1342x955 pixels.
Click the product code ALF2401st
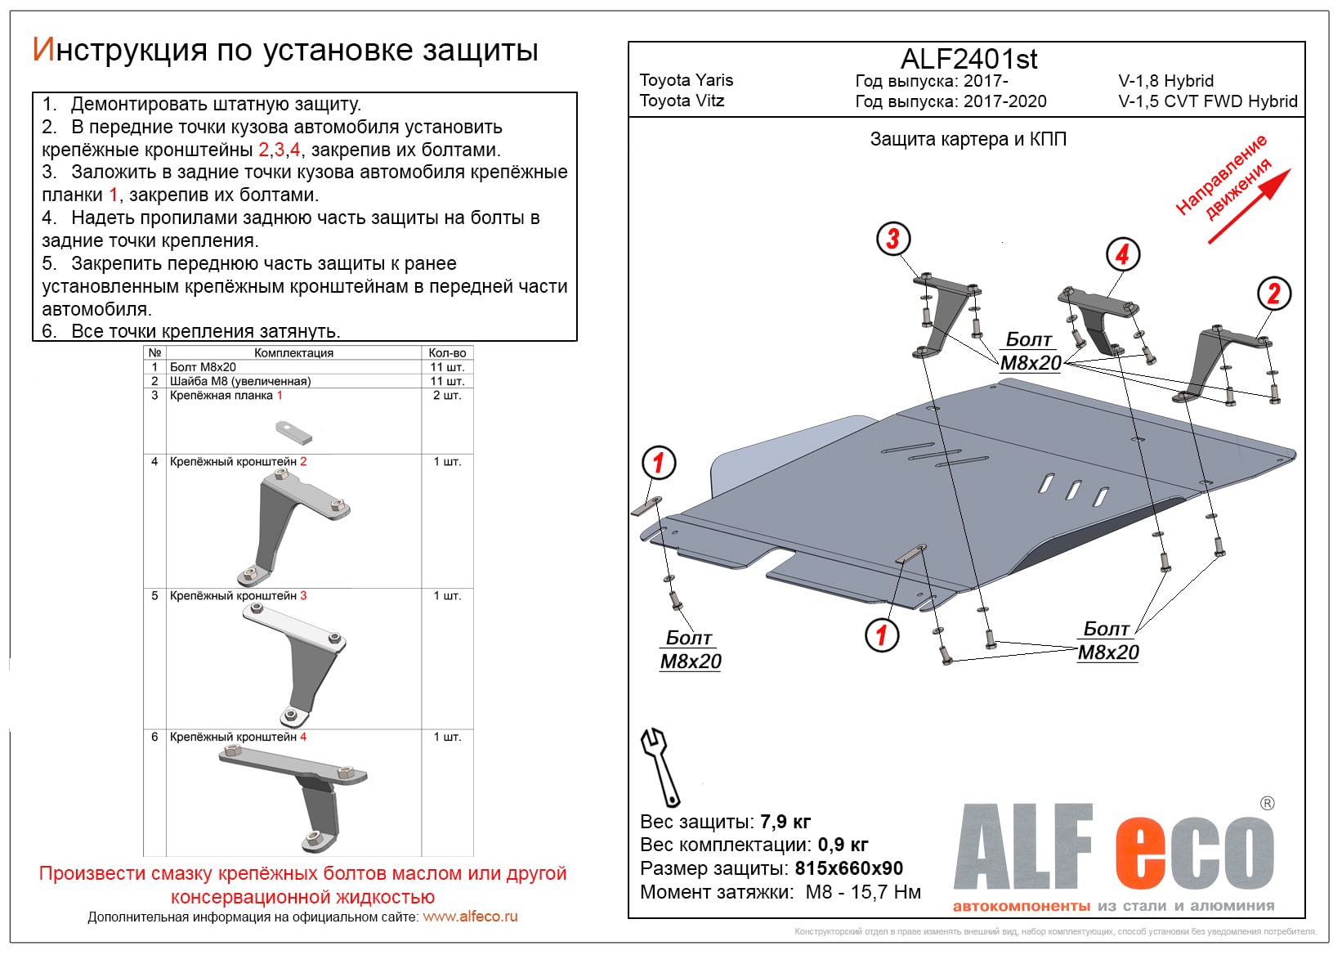pyautogui.click(x=968, y=59)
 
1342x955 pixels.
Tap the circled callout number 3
pyautogui.click(x=892, y=239)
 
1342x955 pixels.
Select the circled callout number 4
pyautogui.click(x=1122, y=254)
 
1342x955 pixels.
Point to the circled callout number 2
pyautogui.click(x=1273, y=294)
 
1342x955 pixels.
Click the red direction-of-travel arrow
pyautogui.click(x=1249, y=206)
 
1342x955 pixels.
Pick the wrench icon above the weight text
pyautogui.click(x=659, y=767)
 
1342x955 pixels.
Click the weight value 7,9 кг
pyautogui.click(x=785, y=822)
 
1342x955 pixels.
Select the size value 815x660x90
pyautogui.click(x=848, y=868)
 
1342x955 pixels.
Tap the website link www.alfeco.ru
pyautogui.click(x=470, y=917)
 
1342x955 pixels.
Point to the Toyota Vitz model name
pyautogui.click(x=682, y=101)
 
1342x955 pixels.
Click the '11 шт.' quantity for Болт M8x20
pyautogui.click(x=447, y=367)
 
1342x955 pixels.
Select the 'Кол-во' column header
pyautogui.click(x=447, y=353)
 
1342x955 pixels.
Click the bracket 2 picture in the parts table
pyautogui.click(x=294, y=527)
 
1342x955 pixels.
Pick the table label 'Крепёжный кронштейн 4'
pyautogui.click(x=238, y=737)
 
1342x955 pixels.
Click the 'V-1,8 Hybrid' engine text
pyautogui.click(x=1165, y=81)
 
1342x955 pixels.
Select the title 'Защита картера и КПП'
pyautogui.click(x=968, y=139)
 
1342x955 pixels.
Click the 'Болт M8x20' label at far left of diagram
pyautogui.click(x=690, y=649)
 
